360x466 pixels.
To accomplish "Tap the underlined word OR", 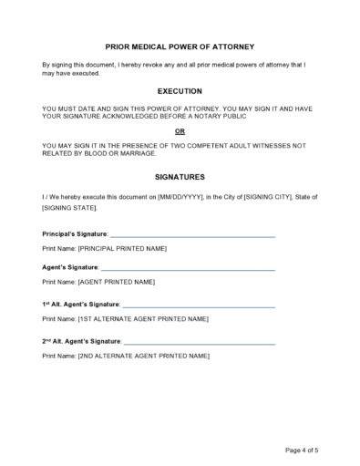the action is tap(180, 131).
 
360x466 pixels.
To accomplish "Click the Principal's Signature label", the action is tap(75, 234).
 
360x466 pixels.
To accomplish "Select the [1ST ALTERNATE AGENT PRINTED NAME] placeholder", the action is tap(143, 318).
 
